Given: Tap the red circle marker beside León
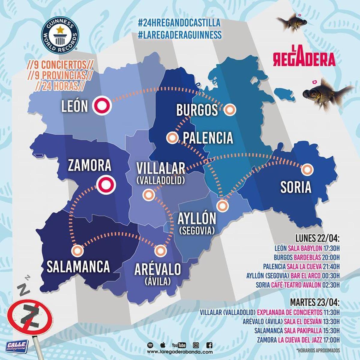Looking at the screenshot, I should (102, 105).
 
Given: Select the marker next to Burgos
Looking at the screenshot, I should (230, 110).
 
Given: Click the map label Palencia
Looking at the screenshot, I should (208, 138).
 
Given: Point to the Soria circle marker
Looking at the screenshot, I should (307, 170).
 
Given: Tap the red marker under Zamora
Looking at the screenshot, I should (106, 185).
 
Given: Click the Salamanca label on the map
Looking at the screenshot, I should (78, 266).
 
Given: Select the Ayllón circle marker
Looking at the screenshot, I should (222, 206).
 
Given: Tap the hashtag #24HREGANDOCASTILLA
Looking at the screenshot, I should (179, 23).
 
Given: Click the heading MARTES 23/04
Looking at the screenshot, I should (315, 301).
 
